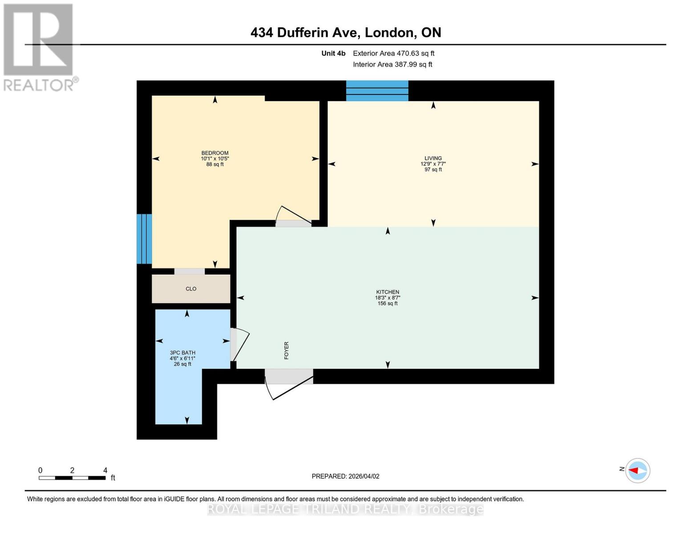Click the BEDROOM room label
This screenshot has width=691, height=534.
pos(215,153)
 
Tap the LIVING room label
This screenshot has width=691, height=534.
pos(433,158)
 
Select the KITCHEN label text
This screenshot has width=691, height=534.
pos(387,292)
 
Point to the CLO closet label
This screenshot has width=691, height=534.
pos(191,289)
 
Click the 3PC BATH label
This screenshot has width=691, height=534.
pos(182,353)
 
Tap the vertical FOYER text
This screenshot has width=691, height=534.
pos(287,351)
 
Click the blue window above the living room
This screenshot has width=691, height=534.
pos(377,91)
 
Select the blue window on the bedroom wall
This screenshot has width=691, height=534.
pos(144,239)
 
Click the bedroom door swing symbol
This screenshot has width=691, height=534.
pos(293,216)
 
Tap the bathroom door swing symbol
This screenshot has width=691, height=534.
pos(239,344)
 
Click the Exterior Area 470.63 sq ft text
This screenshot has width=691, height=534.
pos(393,53)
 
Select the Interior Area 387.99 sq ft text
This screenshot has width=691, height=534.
pos(392,65)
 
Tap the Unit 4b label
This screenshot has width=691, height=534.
pos(333,53)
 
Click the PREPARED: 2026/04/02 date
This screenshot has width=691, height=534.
pos(345,476)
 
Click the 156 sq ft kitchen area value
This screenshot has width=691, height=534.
pos(387,303)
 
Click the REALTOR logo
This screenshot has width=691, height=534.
pos(39,47)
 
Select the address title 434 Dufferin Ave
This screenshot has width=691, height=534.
pos(346,32)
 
